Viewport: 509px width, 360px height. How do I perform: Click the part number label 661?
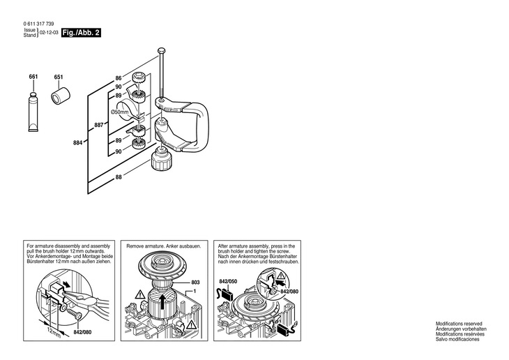point(33,76)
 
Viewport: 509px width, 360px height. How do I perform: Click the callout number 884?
point(77,143)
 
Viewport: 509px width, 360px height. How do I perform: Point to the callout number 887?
point(98,126)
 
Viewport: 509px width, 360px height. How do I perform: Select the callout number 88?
point(119,177)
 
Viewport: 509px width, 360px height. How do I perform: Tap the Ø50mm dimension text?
point(120,112)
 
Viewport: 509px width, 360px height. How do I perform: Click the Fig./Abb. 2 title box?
point(81,33)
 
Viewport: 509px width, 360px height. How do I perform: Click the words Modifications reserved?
point(459,324)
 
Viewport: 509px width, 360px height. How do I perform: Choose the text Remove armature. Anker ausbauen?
point(160,246)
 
